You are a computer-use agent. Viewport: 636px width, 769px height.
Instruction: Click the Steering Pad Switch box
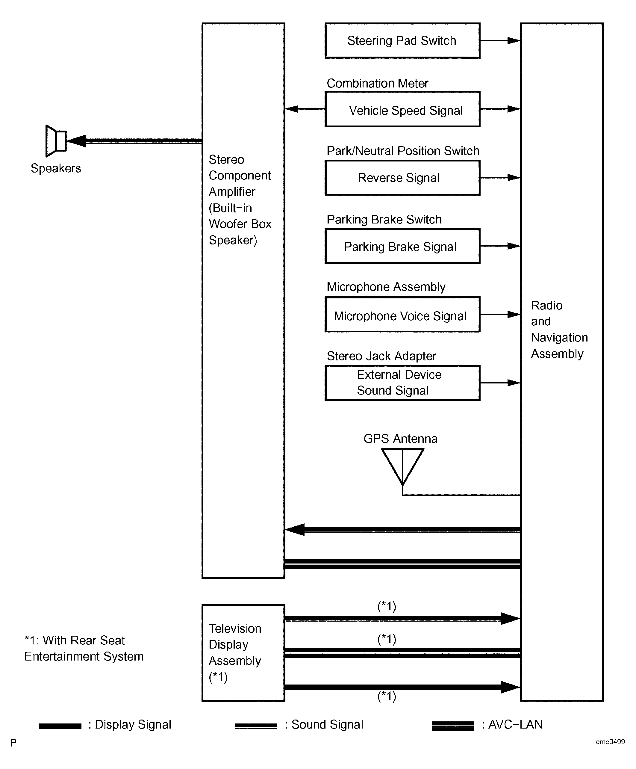[x=402, y=41]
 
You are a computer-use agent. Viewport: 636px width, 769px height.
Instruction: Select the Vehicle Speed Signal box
[x=402, y=109]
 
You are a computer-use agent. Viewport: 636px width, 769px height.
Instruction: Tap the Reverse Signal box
[x=402, y=178]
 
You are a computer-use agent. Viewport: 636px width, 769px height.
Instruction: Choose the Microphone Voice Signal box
[x=402, y=315]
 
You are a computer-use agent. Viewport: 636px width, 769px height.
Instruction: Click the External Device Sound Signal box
[x=402, y=383]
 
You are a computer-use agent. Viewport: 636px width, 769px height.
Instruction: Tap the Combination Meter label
[x=377, y=84]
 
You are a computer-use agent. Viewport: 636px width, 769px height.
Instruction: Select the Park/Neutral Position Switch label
[x=402, y=151]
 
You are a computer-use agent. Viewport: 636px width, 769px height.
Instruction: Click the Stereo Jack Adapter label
[x=381, y=356]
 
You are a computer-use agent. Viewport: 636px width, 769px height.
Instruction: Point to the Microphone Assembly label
[x=386, y=287]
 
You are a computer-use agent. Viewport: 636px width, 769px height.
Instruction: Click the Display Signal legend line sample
[x=60, y=726]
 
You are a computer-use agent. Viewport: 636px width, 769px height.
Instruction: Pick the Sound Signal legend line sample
[x=256, y=726]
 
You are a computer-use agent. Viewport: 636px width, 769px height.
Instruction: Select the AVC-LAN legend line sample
[x=453, y=726]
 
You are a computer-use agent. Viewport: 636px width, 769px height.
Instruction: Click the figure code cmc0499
[x=610, y=741]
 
